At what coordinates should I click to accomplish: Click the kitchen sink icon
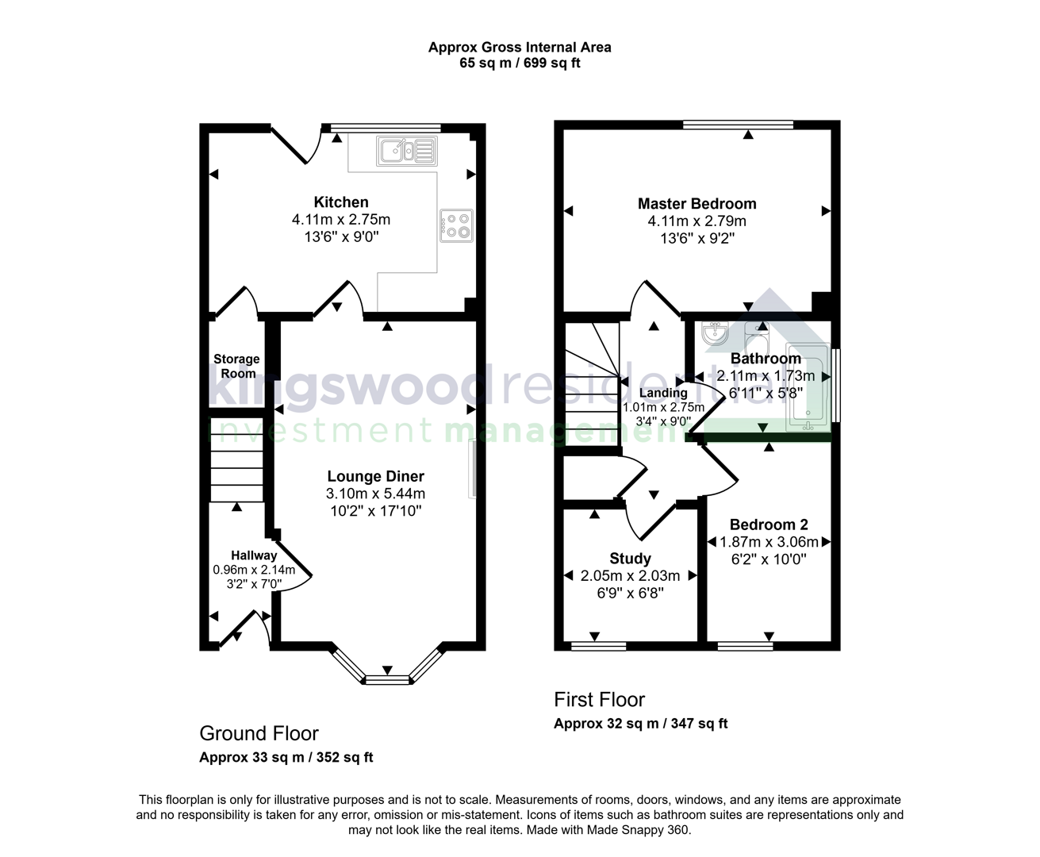click(x=407, y=151)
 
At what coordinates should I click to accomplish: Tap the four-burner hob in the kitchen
click(x=456, y=225)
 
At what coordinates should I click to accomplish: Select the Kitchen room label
click(x=341, y=202)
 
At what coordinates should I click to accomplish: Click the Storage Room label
click(x=236, y=366)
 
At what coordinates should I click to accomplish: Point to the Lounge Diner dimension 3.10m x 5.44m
click(x=375, y=494)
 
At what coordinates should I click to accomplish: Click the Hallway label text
click(x=254, y=555)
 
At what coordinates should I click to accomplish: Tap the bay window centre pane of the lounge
click(x=387, y=678)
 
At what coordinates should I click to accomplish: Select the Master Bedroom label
click(x=697, y=204)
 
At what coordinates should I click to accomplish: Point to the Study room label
click(x=630, y=559)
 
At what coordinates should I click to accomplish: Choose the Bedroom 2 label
click(x=768, y=525)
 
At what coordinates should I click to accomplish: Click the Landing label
click(x=663, y=393)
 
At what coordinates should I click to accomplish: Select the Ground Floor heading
click(x=259, y=733)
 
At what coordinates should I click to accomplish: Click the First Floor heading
click(x=599, y=699)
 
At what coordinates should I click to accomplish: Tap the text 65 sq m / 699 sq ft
click(x=520, y=63)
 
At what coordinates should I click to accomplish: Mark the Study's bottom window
click(x=598, y=646)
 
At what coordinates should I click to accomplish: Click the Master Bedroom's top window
click(x=738, y=125)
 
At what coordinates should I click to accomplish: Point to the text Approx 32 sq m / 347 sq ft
click(x=640, y=723)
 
